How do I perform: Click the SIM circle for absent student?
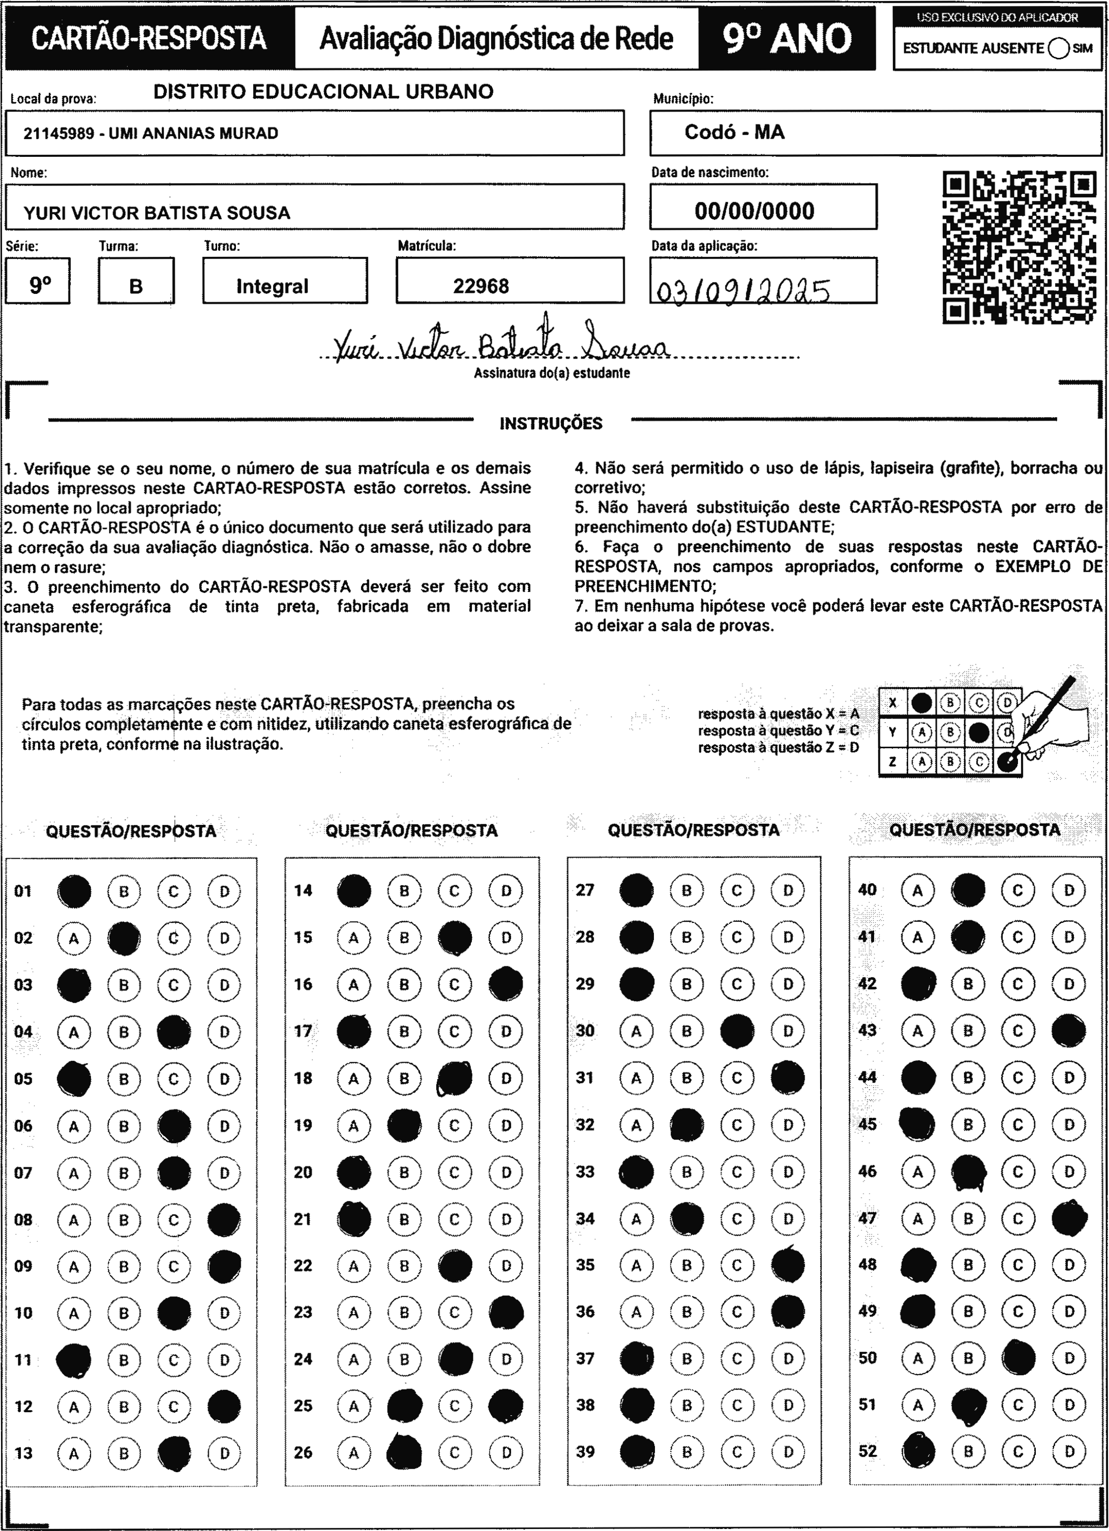[x=1059, y=48]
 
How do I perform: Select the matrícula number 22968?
[x=481, y=286]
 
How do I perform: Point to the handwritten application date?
[x=742, y=291]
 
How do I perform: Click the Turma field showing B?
[x=136, y=286]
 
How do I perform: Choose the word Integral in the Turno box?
[x=272, y=286]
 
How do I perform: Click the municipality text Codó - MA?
[x=735, y=132]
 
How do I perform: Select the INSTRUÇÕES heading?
[x=551, y=424]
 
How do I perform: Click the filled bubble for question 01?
[x=74, y=891]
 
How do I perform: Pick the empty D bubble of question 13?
[x=224, y=1453]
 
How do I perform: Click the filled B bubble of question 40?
[x=968, y=890]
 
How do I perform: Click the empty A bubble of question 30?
[x=636, y=1031]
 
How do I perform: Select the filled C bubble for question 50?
[x=1018, y=1357]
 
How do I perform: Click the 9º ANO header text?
[x=787, y=39]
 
